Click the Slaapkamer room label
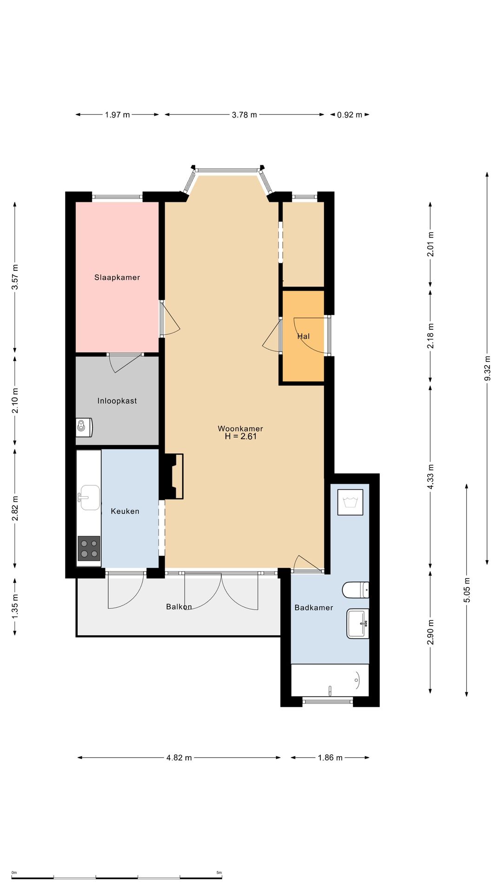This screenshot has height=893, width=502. tap(117, 277)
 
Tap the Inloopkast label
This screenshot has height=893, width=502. tap(117, 401)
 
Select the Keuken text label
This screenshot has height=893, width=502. tap(125, 511)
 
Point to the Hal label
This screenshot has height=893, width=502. tap(304, 336)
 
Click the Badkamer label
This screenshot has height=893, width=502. tap(314, 607)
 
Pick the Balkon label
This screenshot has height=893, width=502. tap(179, 607)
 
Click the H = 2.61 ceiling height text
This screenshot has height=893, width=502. tap(241, 436)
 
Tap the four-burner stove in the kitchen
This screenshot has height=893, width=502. tap(89, 548)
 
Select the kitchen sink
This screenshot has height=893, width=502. tap(89, 497)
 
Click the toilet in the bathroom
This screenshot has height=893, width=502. tap(356, 590)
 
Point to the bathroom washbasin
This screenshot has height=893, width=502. tap(358, 623)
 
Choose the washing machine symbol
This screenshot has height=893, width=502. tap(350, 502)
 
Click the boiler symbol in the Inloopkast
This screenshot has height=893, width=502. tap(84, 427)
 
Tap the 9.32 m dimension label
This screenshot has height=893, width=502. tap(487, 368)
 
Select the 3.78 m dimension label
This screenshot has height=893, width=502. tap(244, 115)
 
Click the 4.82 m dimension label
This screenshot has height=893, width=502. tap(179, 758)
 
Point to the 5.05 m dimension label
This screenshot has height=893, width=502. tap(467, 590)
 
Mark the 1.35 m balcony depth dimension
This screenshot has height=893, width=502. tap(15, 606)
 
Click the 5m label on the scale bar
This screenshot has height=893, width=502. tap(219, 873)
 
